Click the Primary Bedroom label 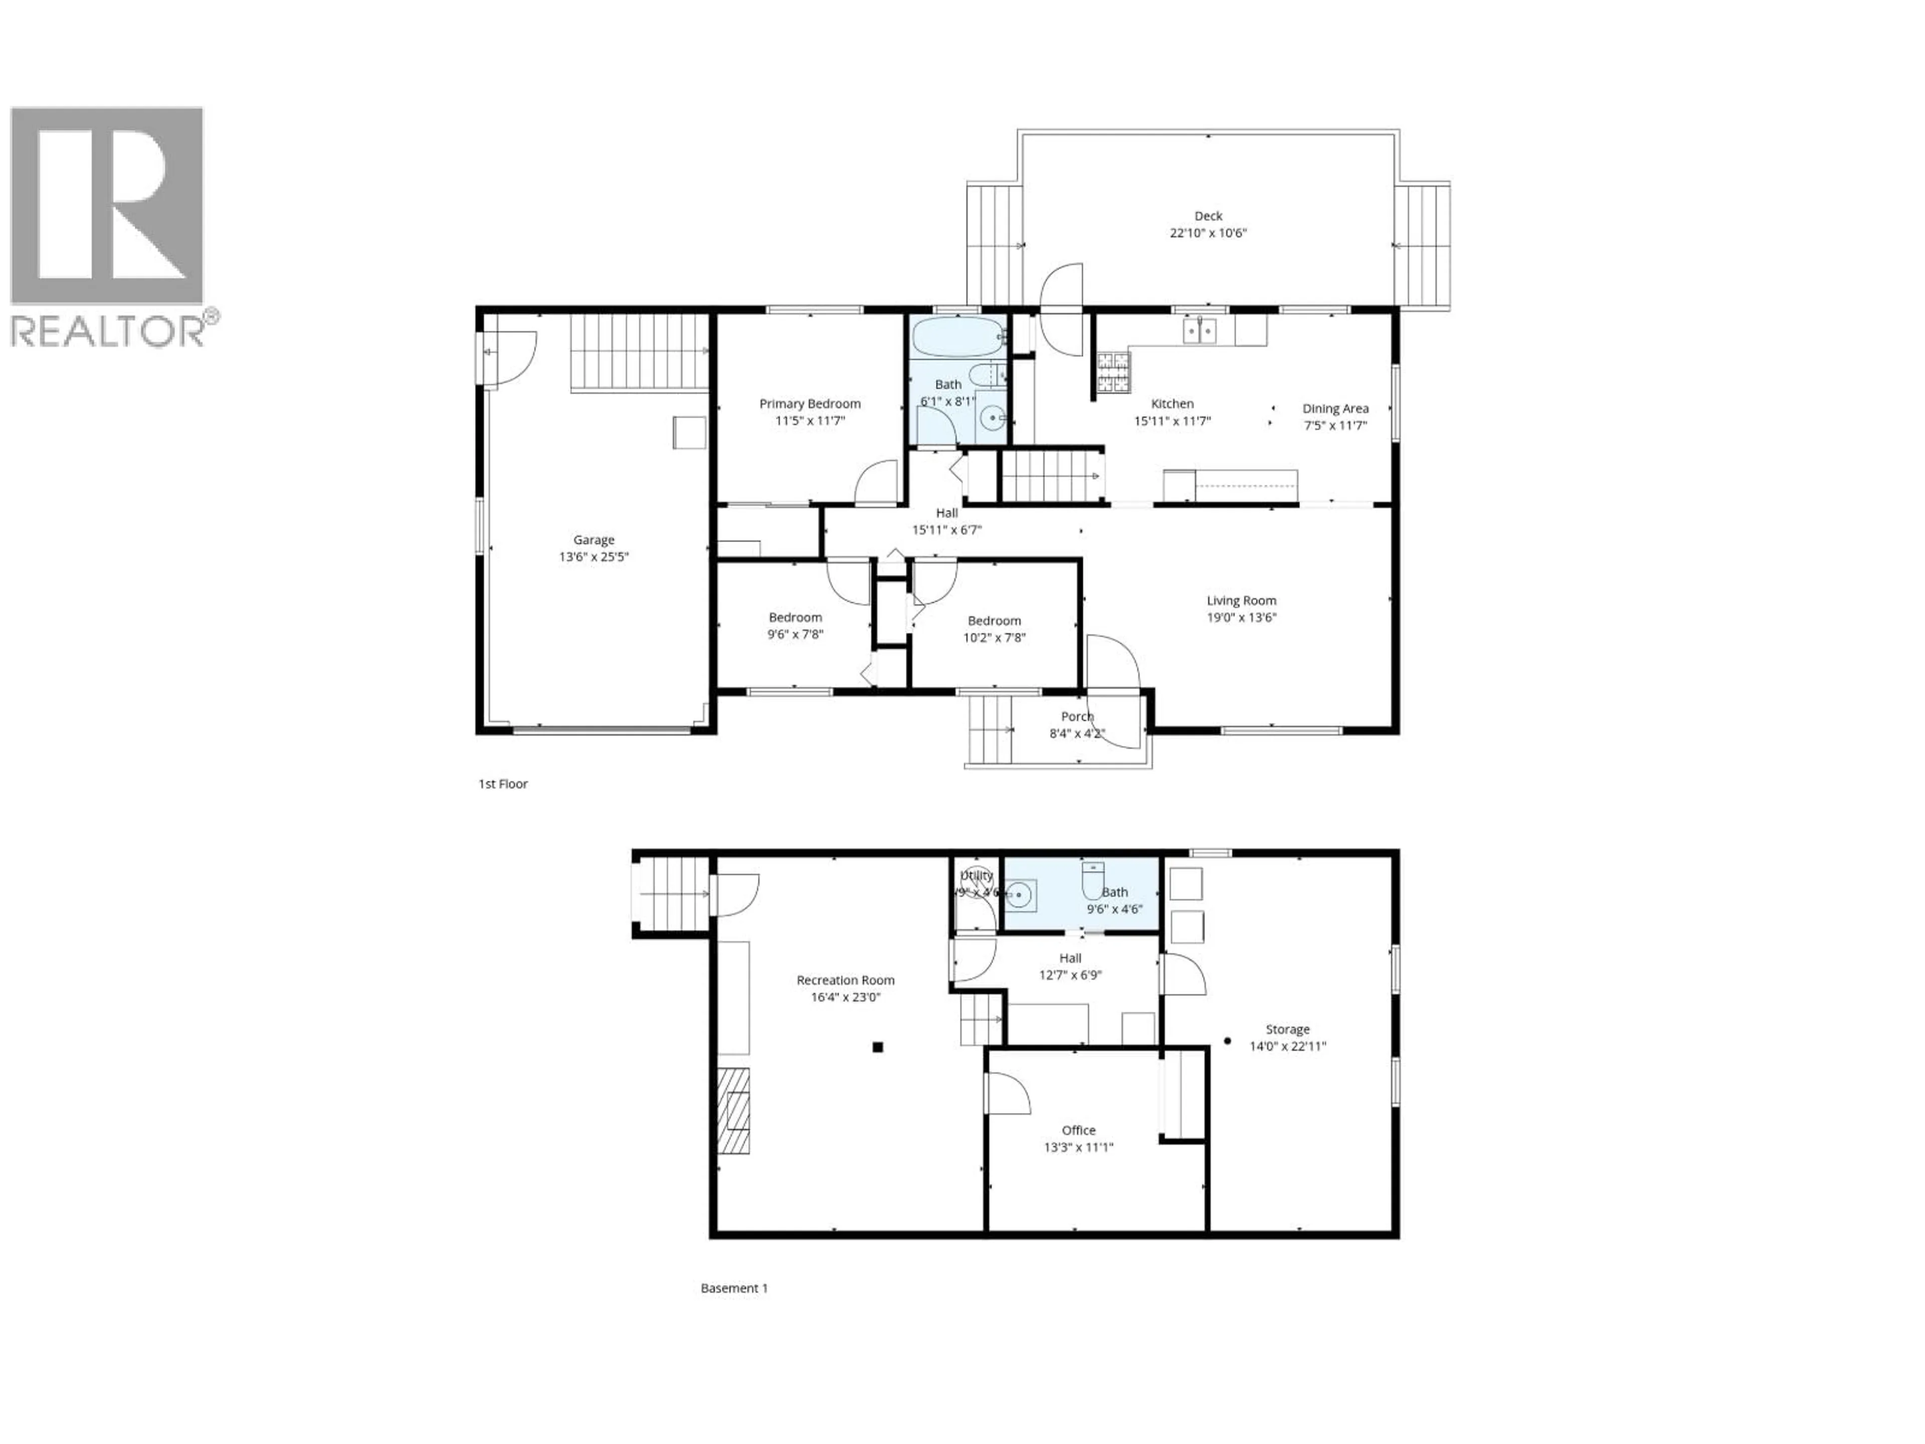pos(809,404)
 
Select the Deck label pos(1208,216)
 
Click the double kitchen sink pos(1199,331)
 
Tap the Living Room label pos(1241,601)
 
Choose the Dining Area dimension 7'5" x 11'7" pos(1335,426)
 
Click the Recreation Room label pos(845,980)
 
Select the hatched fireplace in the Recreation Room pos(733,1123)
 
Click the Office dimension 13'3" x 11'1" pos(1078,1147)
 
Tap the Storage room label pos(1287,1030)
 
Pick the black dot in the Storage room pos(1227,1040)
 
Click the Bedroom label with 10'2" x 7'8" pos(994,621)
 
